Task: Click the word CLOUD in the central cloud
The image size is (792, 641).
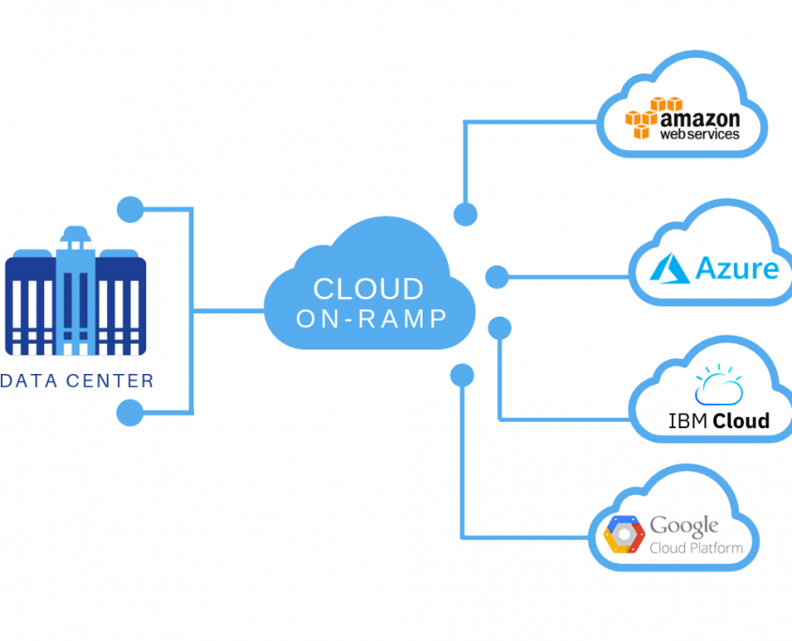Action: (368, 289)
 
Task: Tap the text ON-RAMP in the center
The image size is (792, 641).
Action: (371, 320)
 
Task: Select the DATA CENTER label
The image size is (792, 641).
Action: (78, 381)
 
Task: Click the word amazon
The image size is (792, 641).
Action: (700, 119)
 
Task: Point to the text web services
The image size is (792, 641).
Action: (700, 134)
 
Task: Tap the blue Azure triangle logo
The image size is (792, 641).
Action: (672, 269)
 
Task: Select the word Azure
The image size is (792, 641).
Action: (737, 269)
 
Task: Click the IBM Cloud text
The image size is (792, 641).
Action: (719, 421)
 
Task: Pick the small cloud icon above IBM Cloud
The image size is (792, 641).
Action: (719, 386)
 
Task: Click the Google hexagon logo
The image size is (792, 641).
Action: (623, 534)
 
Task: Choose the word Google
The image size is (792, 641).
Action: (684, 526)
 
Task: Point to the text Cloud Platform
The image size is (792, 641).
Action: (696, 548)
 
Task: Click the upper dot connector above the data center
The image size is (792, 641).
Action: (129, 209)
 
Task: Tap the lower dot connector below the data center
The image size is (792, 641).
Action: (129, 412)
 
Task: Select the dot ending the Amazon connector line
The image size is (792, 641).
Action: (465, 215)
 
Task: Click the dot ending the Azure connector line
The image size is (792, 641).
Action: (497, 277)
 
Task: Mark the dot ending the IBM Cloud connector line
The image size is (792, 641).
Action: (500, 328)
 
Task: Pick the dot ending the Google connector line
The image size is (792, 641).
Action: (462, 375)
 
